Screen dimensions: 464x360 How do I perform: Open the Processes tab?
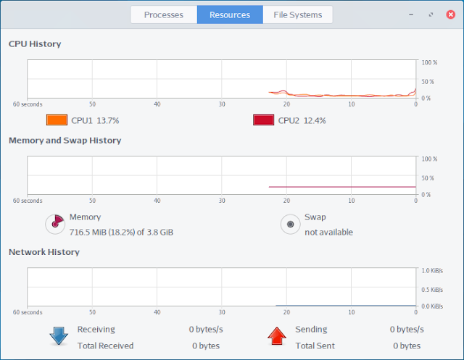click(x=164, y=14)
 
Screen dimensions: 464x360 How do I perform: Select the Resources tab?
click(x=230, y=14)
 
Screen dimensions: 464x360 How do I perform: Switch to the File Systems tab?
click(x=298, y=14)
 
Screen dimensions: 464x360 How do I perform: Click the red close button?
click(x=450, y=14)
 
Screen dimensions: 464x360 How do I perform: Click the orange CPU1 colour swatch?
click(x=57, y=120)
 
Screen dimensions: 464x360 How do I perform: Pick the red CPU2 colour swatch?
click(x=263, y=120)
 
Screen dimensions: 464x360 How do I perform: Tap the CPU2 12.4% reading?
click(x=302, y=120)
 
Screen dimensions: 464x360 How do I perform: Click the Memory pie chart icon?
click(x=55, y=224)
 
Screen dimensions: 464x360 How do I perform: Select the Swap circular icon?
click(x=290, y=224)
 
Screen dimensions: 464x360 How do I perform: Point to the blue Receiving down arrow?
click(x=59, y=336)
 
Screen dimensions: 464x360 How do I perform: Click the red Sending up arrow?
click(x=277, y=336)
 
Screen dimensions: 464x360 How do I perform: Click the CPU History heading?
click(x=35, y=44)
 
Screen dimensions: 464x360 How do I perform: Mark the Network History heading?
click(x=44, y=252)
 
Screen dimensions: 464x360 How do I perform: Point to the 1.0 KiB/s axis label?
click(x=432, y=271)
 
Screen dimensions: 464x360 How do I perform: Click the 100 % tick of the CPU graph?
click(x=429, y=63)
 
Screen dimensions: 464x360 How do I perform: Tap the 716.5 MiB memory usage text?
click(x=121, y=233)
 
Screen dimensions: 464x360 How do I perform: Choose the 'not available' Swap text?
click(x=328, y=233)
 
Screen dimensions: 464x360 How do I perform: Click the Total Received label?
click(x=105, y=346)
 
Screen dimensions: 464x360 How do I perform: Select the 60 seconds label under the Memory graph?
click(x=28, y=201)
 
